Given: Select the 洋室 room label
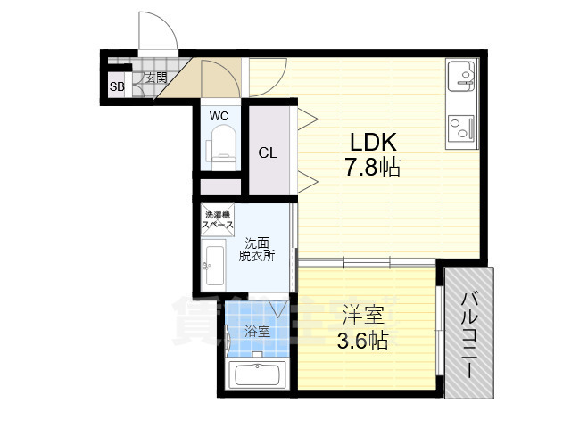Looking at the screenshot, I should [x=363, y=316].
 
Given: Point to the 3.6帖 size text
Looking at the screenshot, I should [x=363, y=340].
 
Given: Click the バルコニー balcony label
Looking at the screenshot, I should [x=470, y=332].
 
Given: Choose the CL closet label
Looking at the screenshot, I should [x=268, y=152].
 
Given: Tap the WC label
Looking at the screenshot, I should [x=219, y=116].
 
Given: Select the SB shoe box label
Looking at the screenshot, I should [x=117, y=86].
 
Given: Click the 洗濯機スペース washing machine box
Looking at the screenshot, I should [x=219, y=219].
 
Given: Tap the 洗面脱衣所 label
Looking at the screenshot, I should [x=256, y=249].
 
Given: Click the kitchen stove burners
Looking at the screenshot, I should [x=461, y=127].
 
